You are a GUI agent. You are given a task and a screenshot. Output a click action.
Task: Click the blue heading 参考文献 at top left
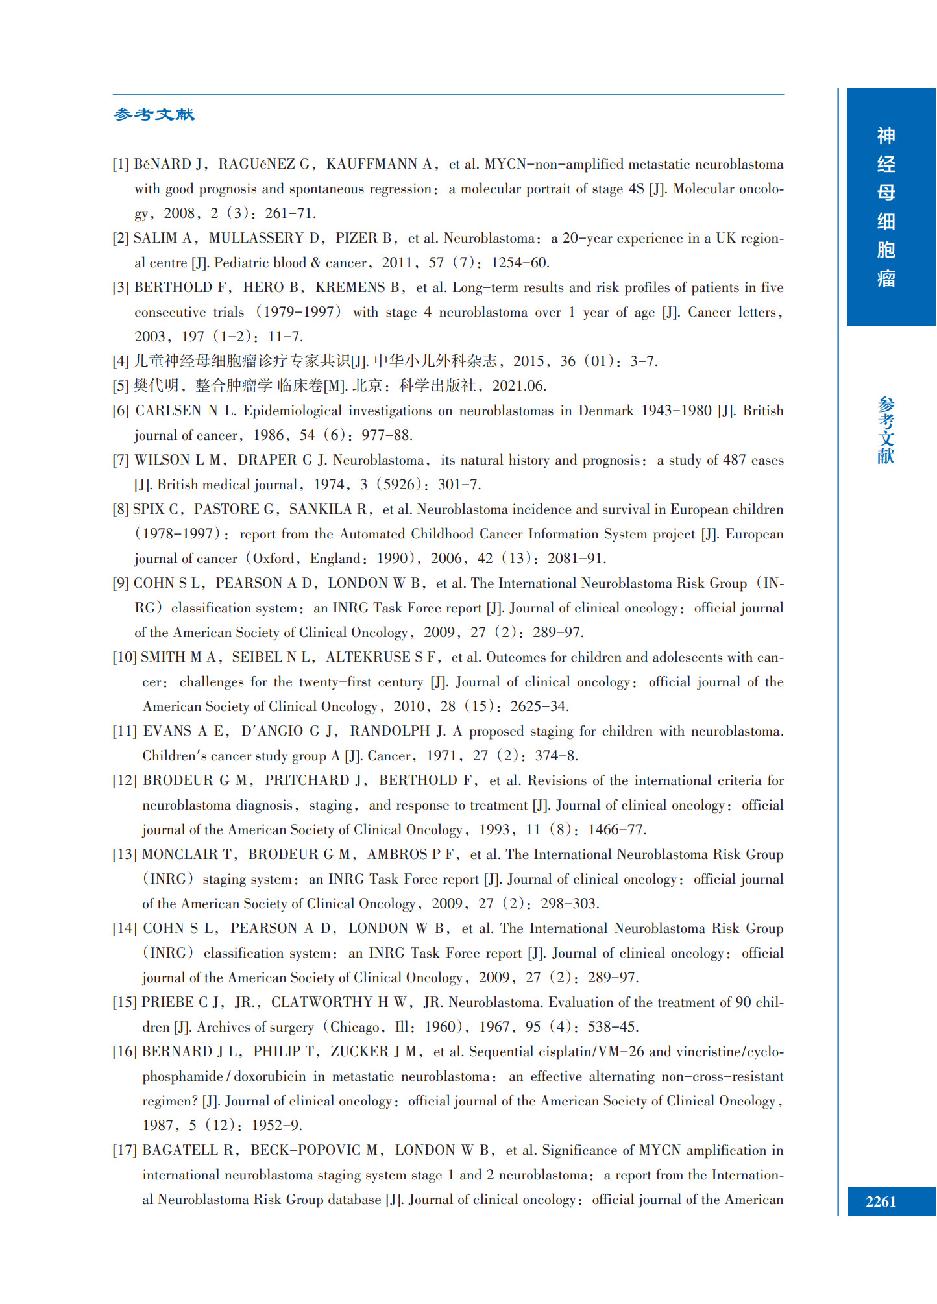click(154, 115)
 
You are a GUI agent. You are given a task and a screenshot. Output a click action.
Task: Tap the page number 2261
click(881, 1201)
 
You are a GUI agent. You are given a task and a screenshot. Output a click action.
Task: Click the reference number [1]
click(121, 164)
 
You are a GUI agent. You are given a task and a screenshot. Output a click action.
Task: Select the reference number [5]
click(121, 386)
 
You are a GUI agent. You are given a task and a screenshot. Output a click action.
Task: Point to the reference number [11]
click(125, 731)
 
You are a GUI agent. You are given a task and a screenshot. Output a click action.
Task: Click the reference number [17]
click(125, 1150)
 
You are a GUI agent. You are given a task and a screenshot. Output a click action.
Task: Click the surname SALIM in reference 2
click(155, 238)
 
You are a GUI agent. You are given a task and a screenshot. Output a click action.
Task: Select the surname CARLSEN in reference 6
click(168, 411)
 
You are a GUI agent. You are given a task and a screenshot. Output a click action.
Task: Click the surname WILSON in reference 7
click(163, 460)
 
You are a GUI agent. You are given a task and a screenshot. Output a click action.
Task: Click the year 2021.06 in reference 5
click(519, 386)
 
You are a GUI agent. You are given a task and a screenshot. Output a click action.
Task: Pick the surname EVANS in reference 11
click(167, 731)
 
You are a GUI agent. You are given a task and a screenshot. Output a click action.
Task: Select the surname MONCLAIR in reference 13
click(180, 854)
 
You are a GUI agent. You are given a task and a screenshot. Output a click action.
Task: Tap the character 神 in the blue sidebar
click(886, 136)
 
